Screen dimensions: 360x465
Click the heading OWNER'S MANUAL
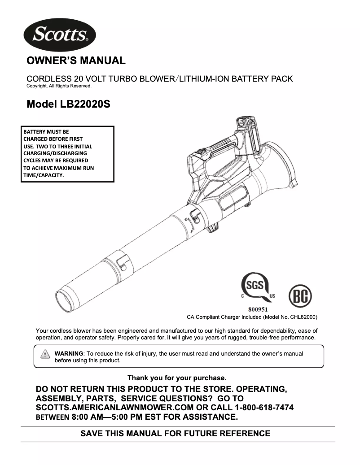[x=76, y=61]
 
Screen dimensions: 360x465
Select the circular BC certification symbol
[x=299, y=296]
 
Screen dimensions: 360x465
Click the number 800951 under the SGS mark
[x=258, y=309]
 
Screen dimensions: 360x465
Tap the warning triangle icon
[x=45, y=354]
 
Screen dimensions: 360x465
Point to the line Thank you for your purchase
[x=177, y=378]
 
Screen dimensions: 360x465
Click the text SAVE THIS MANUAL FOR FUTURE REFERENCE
[x=175, y=434]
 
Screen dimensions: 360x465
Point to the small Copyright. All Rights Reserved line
[x=59, y=86]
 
